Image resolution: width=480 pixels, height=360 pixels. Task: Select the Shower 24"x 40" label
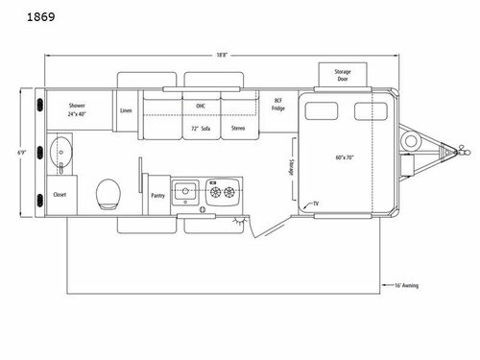click(78, 110)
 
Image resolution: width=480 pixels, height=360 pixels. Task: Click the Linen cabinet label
click(126, 110)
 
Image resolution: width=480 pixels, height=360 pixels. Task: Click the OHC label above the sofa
click(201, 107)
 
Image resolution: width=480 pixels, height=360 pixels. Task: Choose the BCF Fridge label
click(278, 106)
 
